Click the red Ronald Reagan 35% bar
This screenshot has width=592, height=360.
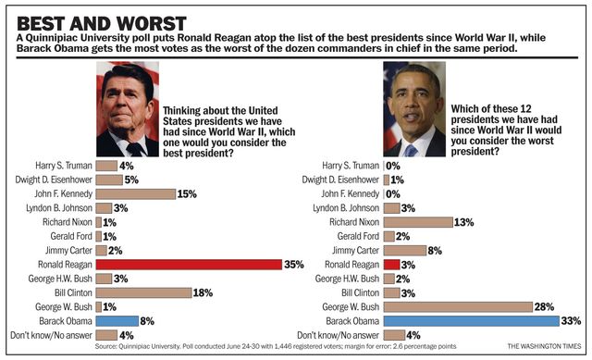click(189, 265)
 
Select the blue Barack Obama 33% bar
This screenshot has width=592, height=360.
click(471, 321)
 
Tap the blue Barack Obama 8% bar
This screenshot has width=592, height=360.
click(117, 321)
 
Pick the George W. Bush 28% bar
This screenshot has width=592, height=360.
click(458, 306)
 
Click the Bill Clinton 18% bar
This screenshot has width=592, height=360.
click(144, 292)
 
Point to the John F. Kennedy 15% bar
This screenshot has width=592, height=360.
click(136, 193)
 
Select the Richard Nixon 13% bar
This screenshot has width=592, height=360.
click(418, 222)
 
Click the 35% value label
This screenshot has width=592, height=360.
click(294, 265)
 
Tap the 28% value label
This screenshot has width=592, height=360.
click(544, 306)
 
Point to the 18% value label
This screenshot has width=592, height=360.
click(203, 292)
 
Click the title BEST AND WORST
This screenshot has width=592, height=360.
click(102, 23)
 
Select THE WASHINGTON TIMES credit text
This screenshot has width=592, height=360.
click(544, 346)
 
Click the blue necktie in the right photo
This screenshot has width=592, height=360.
click(409, 151)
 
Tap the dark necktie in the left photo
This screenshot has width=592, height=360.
click(134, 150)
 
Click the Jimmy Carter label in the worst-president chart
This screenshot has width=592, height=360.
click(355, 251)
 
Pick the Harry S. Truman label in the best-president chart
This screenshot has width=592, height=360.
click(64, 166)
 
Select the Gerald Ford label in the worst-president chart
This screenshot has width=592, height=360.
click(358, 236)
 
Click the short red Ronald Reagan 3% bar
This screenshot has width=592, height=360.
click(391, 265)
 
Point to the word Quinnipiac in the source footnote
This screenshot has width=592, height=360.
click(133, 346)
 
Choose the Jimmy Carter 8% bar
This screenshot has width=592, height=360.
click(405, 251)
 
